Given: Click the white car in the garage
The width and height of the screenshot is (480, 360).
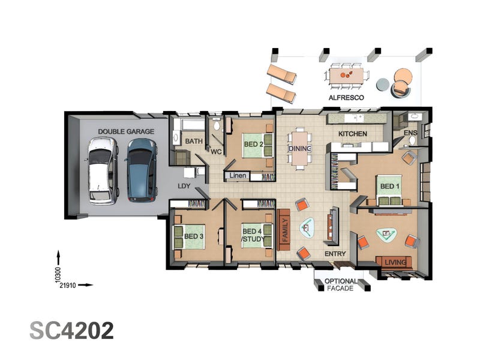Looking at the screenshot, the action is (x=103, y=170).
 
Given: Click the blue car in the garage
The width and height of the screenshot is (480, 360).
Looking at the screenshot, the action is (x=142, y=170).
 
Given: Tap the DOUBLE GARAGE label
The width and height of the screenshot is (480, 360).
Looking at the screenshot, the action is (x=126, y=131).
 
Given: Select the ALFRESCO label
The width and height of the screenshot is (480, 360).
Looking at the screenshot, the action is (x=346, y=98).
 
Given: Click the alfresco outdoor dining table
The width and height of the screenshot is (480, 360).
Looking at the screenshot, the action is (x=346, y=76).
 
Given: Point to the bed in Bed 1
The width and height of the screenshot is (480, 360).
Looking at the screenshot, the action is (x=389, y=190).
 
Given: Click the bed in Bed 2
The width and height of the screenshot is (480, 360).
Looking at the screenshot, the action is (x=257, y=145).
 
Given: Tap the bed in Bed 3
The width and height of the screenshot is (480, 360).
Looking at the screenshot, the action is (x=189, y=236).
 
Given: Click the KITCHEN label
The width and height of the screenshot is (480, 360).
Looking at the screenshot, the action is (x=353, y=134).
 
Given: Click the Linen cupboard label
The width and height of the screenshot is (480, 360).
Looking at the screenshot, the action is (x=238, y=176).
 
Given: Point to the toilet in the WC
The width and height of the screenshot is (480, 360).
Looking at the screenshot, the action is (x=217, y=124).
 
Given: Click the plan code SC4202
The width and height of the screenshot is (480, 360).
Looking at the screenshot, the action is (x=71, y=331).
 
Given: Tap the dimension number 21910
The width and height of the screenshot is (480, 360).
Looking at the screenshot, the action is (x=68, y=286).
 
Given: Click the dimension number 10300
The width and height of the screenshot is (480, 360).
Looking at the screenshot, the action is (x=58, y=275).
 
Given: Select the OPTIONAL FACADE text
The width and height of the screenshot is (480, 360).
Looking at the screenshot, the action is (x=340, y=284).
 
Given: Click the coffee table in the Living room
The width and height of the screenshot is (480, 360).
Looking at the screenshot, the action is (x=386, y=235).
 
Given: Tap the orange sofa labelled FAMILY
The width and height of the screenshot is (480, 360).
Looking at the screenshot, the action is (x=283, y=230).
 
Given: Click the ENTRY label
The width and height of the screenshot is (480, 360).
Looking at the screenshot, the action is (x=335, y=254).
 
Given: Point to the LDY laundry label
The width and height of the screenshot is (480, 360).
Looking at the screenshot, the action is (x=184, y=186).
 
